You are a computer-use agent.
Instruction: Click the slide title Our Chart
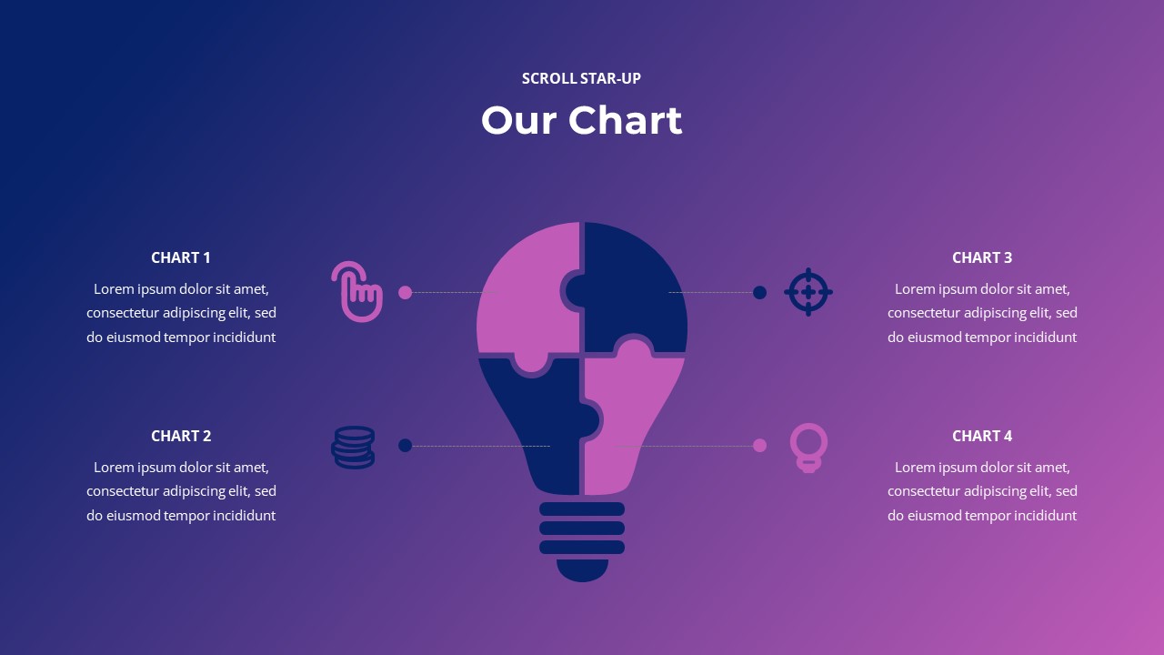[581, 120]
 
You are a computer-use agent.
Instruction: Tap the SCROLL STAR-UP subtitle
[581, 78]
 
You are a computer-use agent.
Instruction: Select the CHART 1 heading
[181, 257]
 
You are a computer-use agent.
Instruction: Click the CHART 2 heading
[181, 436]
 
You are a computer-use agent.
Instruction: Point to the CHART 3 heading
[982, 257]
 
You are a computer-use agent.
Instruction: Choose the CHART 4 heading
[982, 436]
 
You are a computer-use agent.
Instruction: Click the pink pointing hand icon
[356, 292]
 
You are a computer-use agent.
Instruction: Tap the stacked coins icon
[353, 447]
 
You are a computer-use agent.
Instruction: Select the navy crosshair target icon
[808, 292]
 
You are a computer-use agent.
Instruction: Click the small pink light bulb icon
[808, 446]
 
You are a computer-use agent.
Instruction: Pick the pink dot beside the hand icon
[406, 292]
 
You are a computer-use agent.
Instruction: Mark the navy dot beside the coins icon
[406, 445]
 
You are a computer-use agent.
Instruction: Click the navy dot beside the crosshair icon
[759, 292]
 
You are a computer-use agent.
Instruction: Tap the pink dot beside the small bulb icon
[759, 445]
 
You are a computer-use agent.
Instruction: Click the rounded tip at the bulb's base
[582, 570]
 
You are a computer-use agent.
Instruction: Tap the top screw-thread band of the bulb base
[582, 509]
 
